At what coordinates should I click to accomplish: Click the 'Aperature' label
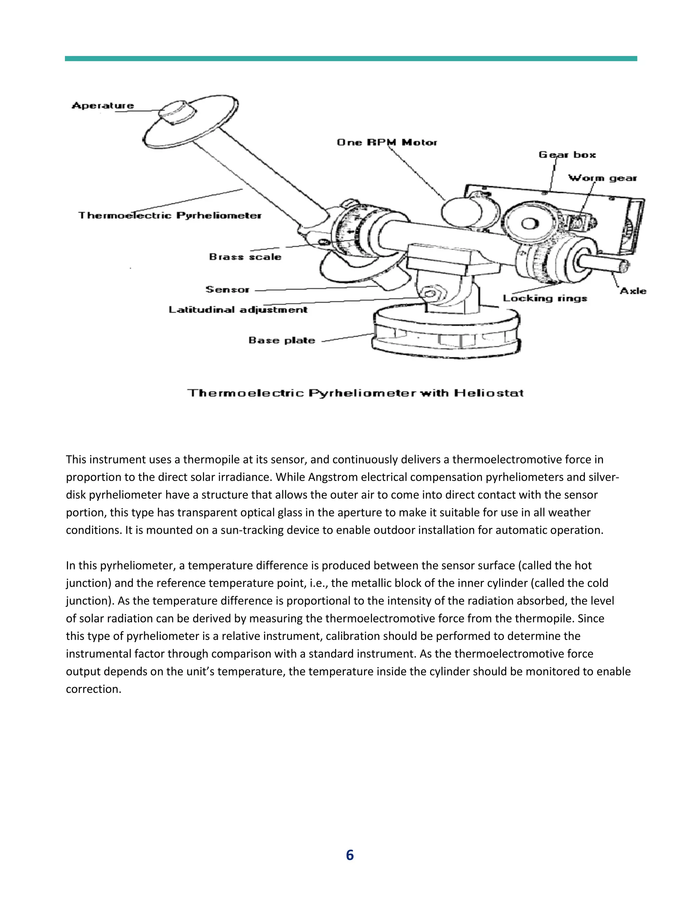click(103, 105)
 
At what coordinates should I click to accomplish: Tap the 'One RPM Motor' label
click(387, 142)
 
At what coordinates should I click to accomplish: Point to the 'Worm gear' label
click(602, 178)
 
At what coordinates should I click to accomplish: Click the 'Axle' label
click(633, 291)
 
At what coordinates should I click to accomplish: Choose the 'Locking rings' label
click(545, 298)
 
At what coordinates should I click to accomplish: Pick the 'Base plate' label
click(282, 340)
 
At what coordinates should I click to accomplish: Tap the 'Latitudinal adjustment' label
click(238, 309)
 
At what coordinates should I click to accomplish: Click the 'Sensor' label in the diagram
click(227, 289)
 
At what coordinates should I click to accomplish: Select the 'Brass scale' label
click(245, 257)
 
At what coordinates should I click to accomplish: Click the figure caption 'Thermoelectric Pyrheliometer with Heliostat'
click(355, 393)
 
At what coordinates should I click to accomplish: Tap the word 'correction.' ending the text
click(93, 689)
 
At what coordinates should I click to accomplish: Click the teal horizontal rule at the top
click(350, 58)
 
